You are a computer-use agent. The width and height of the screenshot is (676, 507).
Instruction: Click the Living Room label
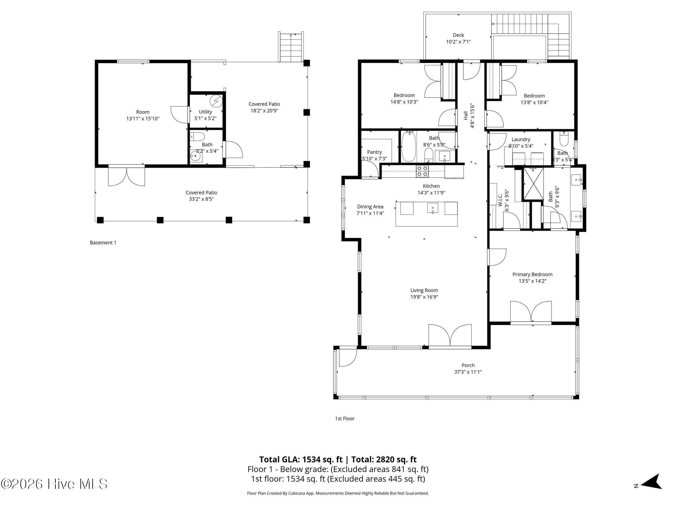(424, 290)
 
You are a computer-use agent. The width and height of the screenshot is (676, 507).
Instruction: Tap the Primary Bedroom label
(532, 274)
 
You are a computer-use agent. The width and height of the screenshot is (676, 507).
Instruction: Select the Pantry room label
(374, 152)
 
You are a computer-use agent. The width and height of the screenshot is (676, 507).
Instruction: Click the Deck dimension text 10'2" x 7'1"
(458, 42)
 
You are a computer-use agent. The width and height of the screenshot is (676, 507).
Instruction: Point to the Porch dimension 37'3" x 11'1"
(468, 372)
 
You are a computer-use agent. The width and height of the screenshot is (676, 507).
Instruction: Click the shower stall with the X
(533, 184)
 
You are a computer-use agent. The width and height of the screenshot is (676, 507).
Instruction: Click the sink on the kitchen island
(433, 208)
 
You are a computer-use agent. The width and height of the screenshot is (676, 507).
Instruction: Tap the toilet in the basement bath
(198, 137)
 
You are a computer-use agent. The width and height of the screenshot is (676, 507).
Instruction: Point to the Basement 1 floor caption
(103, 243)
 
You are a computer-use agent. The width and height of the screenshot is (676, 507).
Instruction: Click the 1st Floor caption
(345, 419)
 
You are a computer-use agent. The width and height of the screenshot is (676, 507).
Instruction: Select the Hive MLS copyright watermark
(54, 484)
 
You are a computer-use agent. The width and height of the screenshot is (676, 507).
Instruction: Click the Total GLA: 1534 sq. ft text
(301, 459)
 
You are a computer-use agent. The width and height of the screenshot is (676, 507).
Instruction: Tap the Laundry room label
(521, 140)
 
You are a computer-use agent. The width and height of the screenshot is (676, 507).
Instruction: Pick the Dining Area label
(370, 207)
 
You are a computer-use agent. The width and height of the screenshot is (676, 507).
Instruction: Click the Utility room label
(205, 112)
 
